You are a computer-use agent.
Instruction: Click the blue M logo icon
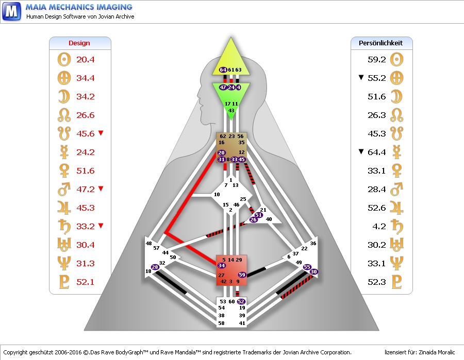point(11,11)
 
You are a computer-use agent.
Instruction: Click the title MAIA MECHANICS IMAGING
point(79,7)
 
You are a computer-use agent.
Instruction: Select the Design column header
point(79,43)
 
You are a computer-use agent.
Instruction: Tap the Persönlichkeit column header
point(381,43)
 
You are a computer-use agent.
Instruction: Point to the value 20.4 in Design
point(86,59)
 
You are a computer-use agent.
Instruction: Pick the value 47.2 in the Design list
point(86,189)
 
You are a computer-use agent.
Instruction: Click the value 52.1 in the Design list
point(86,282)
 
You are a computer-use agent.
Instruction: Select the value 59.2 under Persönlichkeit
point(377,59)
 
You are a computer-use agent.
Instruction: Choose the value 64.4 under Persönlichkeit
point(377,152)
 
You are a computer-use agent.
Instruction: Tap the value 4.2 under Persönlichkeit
point(379,226)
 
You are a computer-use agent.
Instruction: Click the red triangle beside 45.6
point(101,133)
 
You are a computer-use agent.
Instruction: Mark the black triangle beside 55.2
point(361,78)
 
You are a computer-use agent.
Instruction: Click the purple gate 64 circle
point(223,70)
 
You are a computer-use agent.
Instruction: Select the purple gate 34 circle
point(221,266)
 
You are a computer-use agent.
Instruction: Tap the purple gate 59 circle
point(242,275)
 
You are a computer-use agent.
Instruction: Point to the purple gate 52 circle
point(241,301)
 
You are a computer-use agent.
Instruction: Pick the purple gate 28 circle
point(155,267)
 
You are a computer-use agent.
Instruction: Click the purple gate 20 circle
point(221,153)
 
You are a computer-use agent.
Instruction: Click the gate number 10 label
point(217,194)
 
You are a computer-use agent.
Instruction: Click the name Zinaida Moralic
point(435,352)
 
